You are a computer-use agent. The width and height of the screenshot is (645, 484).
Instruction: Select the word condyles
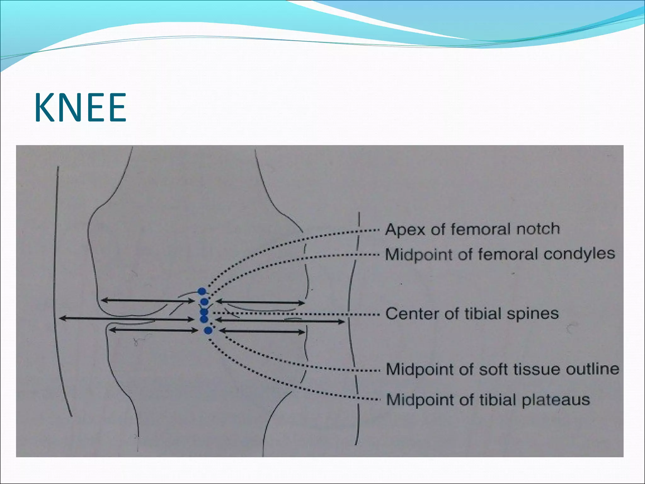point(579,254)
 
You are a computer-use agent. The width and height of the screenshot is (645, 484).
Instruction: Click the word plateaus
point(556,400)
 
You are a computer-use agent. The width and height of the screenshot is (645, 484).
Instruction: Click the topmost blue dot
point(202,291)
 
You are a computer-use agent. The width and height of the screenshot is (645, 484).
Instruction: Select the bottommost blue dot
point(208,331)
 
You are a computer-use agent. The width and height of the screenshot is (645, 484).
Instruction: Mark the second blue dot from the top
point(204,302)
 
